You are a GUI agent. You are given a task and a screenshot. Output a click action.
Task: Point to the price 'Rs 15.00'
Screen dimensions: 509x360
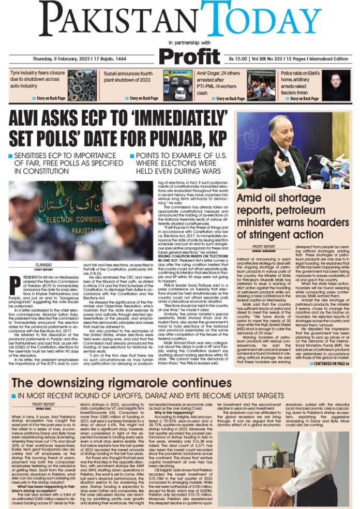(241, 58)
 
